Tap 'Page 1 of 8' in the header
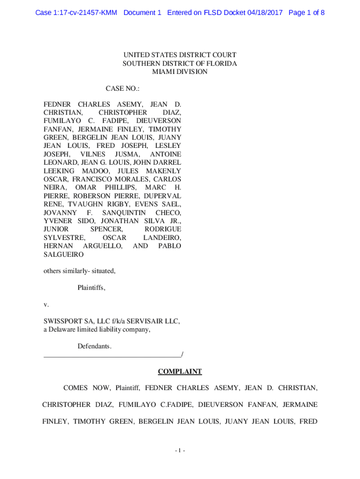307,13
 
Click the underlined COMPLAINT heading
180,372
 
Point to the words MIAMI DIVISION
180,72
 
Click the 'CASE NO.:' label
122,88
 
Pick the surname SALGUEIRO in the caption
64,254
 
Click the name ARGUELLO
102,246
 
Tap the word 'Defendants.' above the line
94,346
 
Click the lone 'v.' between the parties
46,305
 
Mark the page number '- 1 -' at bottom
180,450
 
